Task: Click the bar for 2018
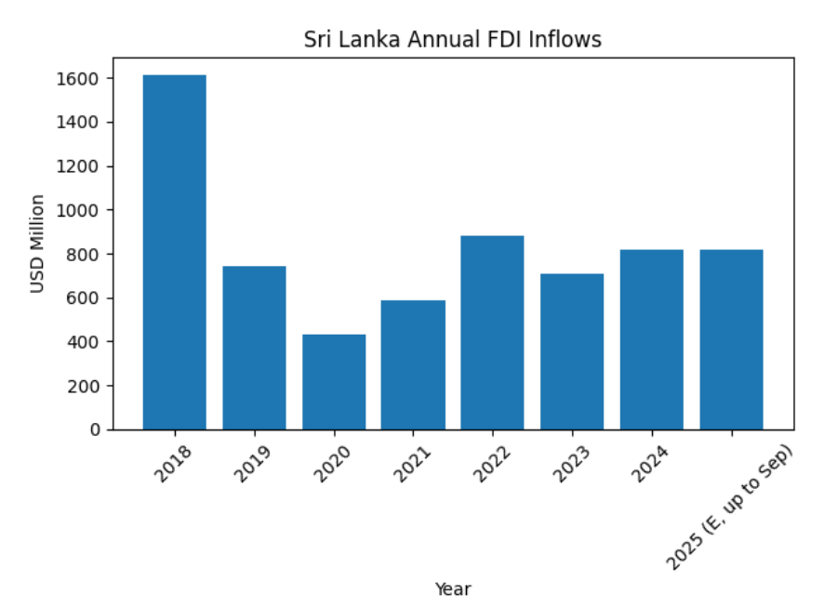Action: [174, 252]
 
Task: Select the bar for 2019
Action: [254, 348]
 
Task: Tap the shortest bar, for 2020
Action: [334, 382]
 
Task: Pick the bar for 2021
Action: [413, 364]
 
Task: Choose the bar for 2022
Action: [493, 333]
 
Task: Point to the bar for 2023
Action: [572, 351]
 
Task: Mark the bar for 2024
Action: [652, 339]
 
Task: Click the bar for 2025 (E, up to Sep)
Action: [732, 339]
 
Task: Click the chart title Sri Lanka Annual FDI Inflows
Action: [453, 40]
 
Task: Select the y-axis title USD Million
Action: [37, 244]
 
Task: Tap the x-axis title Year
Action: [453, 588]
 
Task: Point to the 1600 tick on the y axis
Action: [78, 79]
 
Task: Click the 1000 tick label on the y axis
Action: [78, 210]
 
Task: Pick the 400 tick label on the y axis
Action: [82, 342]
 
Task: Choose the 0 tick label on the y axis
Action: [94, 430]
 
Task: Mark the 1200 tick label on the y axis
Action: [78, 166]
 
